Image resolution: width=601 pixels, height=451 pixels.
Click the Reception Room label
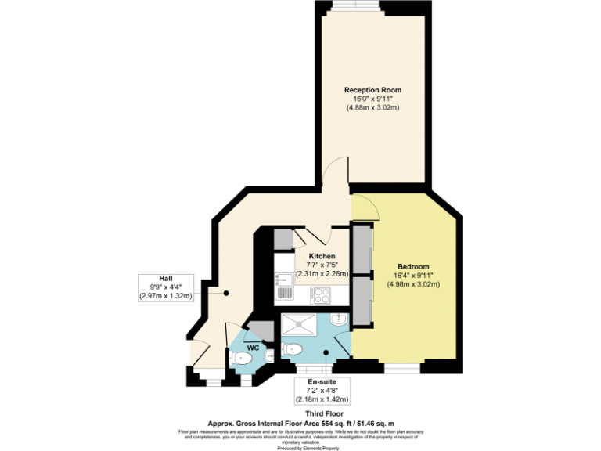pyautogui.click(x=373, y=90)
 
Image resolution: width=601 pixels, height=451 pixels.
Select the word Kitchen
pyautogui.click(x=322, y=257)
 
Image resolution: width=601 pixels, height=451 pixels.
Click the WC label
pyautogui.click(x=253, y=346)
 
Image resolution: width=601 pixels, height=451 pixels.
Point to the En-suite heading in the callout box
pyautogui.click(x=320, y=381)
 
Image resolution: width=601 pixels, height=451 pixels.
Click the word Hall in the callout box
pyautogui.click(x=166, y=278)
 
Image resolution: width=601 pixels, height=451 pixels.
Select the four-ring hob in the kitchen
pyautogui.click(x=322, y=295)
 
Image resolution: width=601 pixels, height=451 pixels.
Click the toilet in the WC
pyautogui.click(x=242, y=359)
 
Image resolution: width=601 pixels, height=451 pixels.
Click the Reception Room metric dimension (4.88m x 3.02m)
pyautogui.click(x=373, y=107)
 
